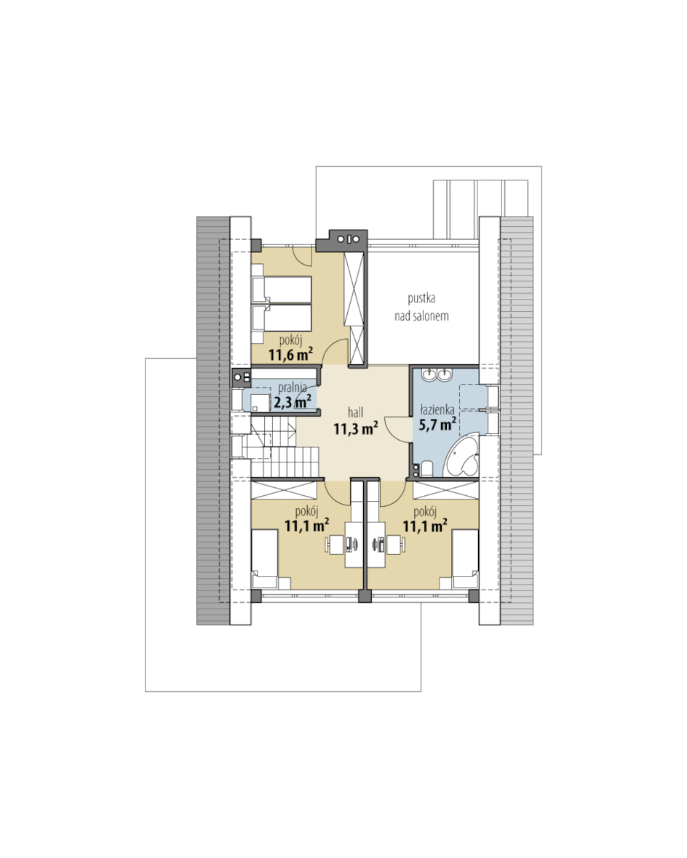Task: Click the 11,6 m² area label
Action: pyautogui.click(x=291, y=355)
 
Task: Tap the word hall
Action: pyautogui.click(x=356, y=412)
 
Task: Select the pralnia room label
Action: pyautogui.click(x=292, y=388)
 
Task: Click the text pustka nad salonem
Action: pyautogui.click(x=422, y=307)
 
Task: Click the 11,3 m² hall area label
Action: pyautogui.click(x=356, y=428)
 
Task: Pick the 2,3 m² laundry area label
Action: pyautogui.click(x=293, y=401)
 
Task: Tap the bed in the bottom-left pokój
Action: pyautogui.click(x=265, y=558)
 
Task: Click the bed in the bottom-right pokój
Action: pyautogui.click(x=466, y=558)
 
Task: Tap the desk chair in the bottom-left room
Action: pyautogui.click(x=334, y=544)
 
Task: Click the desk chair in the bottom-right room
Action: pyautogui.click(x=396, y=544)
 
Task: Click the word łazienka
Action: pyautogui.click(x=437, y=409)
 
